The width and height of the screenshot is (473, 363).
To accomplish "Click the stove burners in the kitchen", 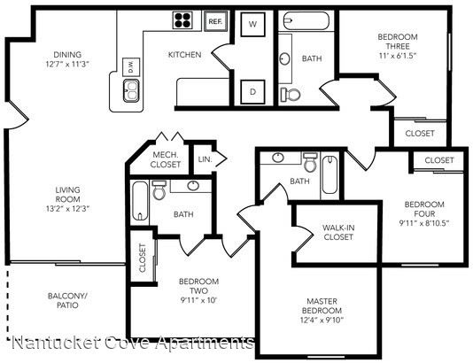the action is pyautogui.click(x=182, y=20).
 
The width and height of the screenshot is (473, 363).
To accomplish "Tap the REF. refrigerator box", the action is pyautogui.click(x=215, y=21).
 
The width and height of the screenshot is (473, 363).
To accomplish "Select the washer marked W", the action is pyautogui.click(x=252, y=24).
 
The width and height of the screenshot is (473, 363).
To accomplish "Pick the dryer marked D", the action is pyautogui.click(x=252, y=92).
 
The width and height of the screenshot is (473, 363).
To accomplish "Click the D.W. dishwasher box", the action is pyautogui.click(x=131, y=67).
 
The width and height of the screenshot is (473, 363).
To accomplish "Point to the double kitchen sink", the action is pyautogui.click(x=131, y=90).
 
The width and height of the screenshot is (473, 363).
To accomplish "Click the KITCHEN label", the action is pyautogui.click(x=184, y=55).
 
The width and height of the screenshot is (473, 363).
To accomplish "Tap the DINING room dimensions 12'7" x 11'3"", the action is pyautogui.click(x=68, y=65).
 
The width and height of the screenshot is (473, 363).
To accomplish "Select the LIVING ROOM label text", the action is pyautogui.click(x=68, y=195).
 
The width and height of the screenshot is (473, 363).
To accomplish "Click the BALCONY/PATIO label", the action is pyautogui.click(x=67, y=300).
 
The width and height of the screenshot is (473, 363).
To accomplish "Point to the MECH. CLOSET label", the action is pyautogui.click(x=166, y=159).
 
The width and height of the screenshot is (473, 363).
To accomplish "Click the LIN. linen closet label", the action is pyautogui.click(x=205, y=159).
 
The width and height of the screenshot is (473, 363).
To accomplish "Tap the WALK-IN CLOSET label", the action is pyautogui.click(x=338, y=232).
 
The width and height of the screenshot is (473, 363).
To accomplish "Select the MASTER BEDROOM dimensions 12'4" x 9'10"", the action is pyautogui.click(x=322, y=320).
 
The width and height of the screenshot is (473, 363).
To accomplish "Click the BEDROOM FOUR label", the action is pyautogui.click(x=424, y=209).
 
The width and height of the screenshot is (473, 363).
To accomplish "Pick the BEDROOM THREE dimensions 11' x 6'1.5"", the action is pyautogui.click(x=398, y=56).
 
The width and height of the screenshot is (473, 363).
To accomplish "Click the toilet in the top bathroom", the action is pyautogui.click(x=291, y=95).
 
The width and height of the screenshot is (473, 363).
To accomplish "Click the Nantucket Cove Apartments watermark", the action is pyautogui.click(x=133, y=343).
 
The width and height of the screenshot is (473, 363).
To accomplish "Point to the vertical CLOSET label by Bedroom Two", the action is pyautogui.click(x=143, y=258).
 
